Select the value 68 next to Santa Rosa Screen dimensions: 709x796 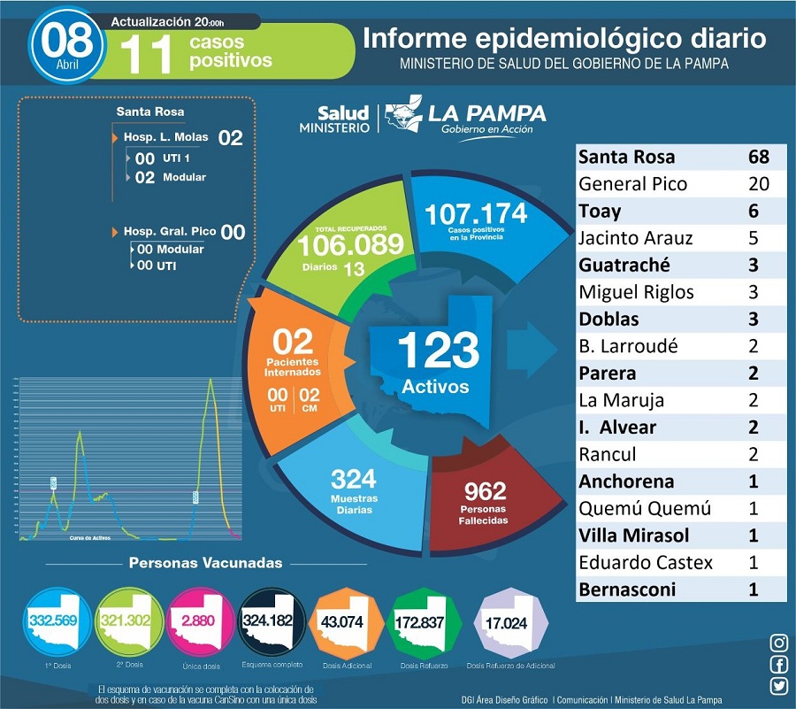(x=758, y=158)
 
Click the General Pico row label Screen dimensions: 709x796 (x=632, y=184)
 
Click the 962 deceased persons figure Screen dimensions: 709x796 (x=486, y=489)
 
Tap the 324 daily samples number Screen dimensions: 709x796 (x=354, y=480)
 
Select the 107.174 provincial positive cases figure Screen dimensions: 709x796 (x=475, y=214)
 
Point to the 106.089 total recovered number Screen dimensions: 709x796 (x=350, y=245)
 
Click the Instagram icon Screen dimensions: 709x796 (x=779, y=643)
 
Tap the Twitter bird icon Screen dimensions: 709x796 (x=779, y=685)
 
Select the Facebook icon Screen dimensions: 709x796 (x=779, y=665)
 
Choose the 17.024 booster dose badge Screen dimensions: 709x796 (x=506, y=622)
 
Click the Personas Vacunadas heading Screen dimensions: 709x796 (x=206, y=563)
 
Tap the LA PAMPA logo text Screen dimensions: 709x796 (x=486, y=114)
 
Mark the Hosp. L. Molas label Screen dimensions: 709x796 (x=165, y=138)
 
